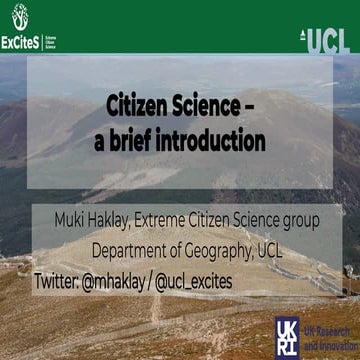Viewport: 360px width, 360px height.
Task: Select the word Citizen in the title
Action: point(141,106)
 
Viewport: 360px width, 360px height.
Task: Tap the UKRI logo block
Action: point(287,334)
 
